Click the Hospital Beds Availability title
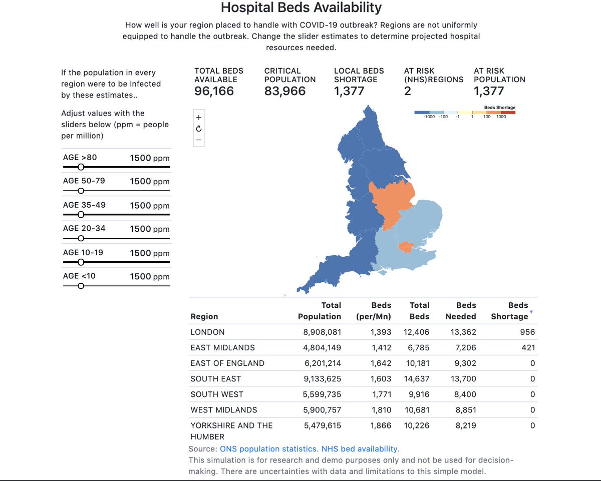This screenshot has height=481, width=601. click(x=301, y=8)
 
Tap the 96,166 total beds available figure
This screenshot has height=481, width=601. click(x=214, y=91)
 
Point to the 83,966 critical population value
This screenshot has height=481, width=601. click(x=284, y=91)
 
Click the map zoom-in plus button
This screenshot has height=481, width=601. click(x=199, y=118)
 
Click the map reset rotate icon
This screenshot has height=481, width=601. click(x=199, y=129)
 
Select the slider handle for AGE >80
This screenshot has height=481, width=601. click(x=81, y=167)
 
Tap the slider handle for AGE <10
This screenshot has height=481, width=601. click(x=81, y=286)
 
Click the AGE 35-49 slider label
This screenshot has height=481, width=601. click(x=84, y=205)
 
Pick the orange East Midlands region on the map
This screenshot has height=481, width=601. click(x=391, y=203)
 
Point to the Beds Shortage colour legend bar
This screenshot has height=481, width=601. click(x=465, y=113)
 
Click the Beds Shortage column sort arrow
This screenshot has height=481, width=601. click(x=531, y=312)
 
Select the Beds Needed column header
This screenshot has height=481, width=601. click(x=460, y=311)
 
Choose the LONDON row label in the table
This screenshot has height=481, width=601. click(x=207, y=332)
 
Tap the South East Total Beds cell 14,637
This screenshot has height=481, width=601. click(x=416, y=379)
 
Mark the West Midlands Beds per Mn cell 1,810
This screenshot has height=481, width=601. click(x=381, y=410)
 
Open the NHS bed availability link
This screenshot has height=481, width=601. click(x=360, y=449)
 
